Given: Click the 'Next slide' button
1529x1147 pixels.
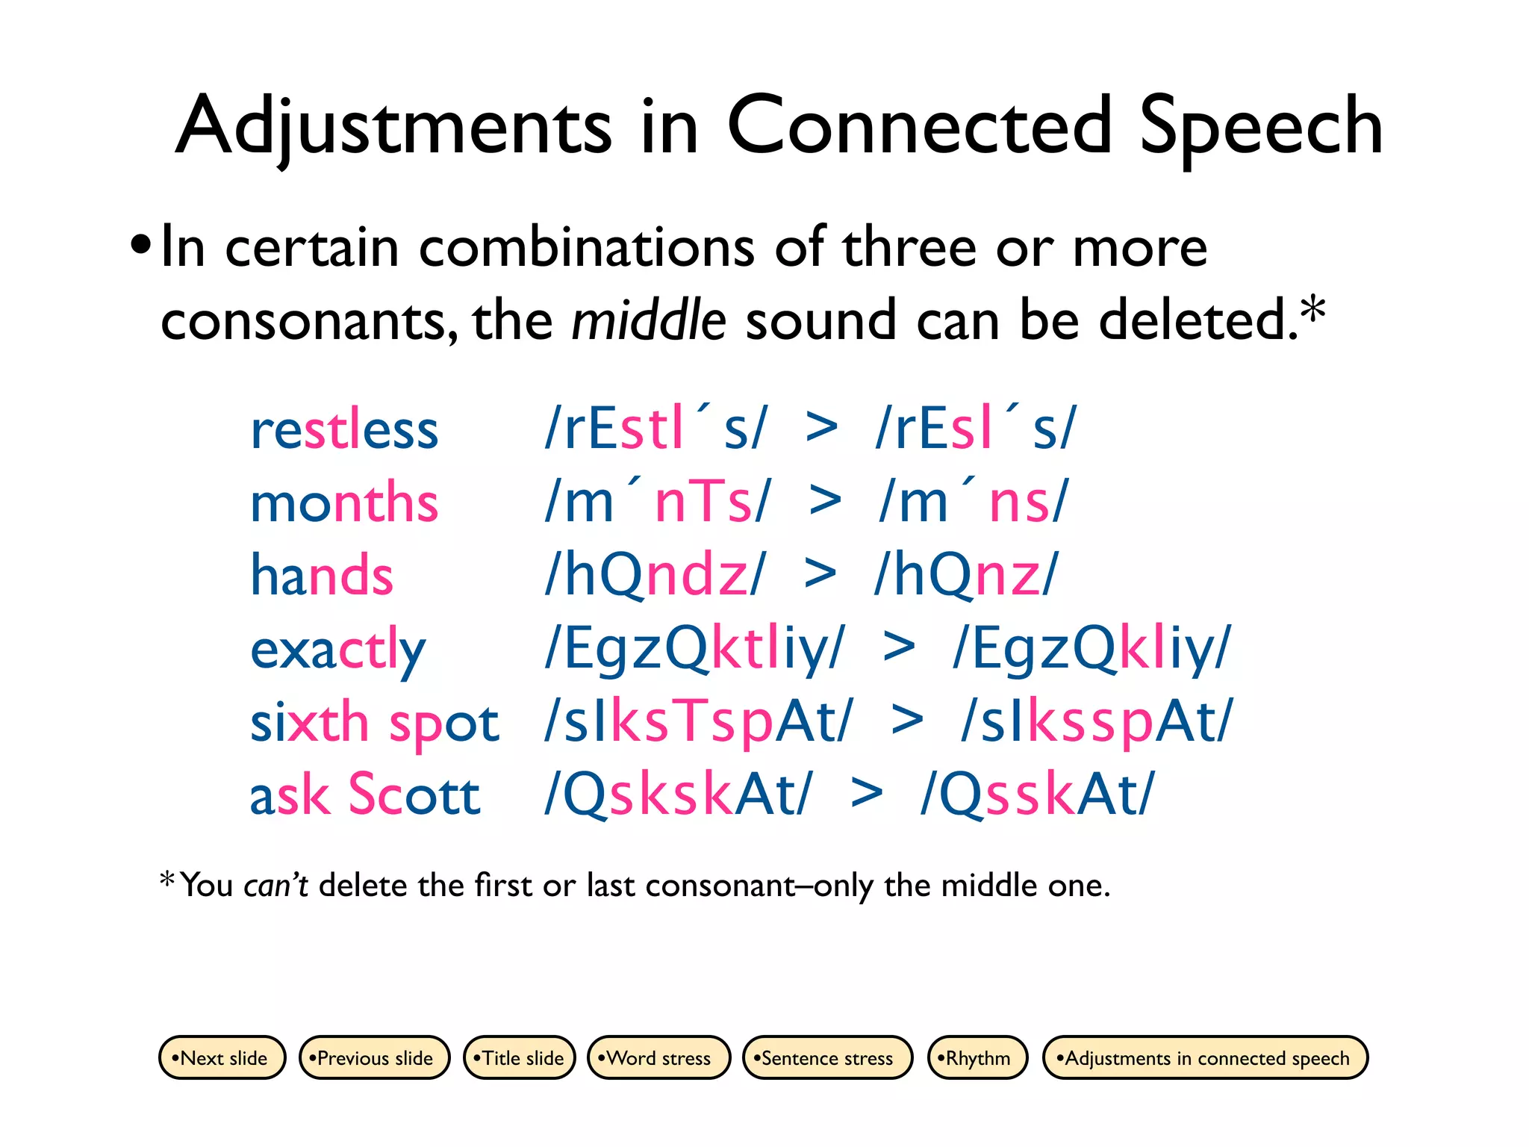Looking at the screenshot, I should click(x=222, y=1057).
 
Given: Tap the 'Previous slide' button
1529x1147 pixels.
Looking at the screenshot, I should click(x=374, y=1057).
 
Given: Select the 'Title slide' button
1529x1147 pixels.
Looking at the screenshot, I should click(x=520, y=1057).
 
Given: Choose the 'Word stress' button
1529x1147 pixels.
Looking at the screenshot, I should click(x=658, y=1057).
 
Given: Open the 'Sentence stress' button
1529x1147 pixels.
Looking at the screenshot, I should click(x=827, y=1057).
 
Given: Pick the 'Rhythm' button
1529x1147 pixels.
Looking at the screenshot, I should click(x=977, y=1057).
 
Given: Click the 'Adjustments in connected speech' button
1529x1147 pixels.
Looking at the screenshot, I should click(x=1205, y=1057).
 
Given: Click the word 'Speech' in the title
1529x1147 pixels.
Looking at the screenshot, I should click(x=1261, y=127).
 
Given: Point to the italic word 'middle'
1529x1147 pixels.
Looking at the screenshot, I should click(x=648, y=320).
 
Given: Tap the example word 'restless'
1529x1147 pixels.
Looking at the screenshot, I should click(x=344, y=430).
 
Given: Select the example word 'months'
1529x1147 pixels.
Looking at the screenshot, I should click(x=344, y=503).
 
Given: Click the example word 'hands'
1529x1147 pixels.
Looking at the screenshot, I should click(x=321, y=575).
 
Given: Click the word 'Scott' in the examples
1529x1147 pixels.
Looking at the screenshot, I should click(x=414, y=794).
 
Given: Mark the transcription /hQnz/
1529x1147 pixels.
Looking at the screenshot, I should click(x=966, y=575).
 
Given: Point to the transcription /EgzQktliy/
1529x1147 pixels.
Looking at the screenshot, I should click(x=695, y=649).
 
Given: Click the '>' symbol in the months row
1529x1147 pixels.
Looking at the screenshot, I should click(x=825, y=501).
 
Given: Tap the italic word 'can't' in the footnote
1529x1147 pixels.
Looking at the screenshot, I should click(x=275, y=886).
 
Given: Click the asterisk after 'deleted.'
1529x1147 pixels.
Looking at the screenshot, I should click(x=1312, y=310).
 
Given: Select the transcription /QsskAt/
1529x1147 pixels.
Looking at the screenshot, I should click(x=1037, y=794).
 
